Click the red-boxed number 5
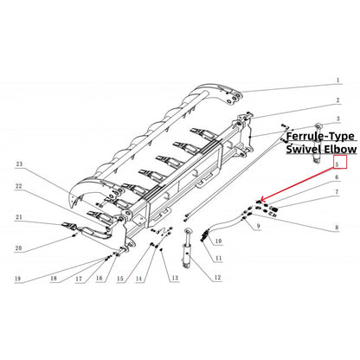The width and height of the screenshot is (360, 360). pos(338,161)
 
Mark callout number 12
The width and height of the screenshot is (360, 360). pos(217,277)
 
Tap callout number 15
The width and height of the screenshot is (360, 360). pos(120,279)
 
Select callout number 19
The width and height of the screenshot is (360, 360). pos(18,279)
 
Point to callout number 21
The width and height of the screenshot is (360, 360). pos(18,217)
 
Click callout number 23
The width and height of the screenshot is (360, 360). pos(18,163)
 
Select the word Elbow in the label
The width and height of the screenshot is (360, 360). pos(335,149)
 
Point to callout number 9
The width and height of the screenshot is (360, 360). pos(257,227)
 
